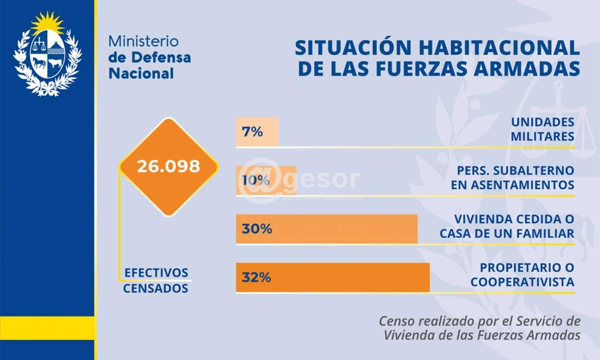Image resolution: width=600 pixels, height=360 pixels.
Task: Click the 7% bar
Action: tap(257, 132)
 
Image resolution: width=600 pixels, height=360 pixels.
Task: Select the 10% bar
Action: tap(266, 180)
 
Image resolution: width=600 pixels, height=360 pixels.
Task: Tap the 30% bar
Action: tap(327, 229)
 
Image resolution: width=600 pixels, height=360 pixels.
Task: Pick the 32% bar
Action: tap(333, 277)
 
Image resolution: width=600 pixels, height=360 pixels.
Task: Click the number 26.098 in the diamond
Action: tap(168, 167)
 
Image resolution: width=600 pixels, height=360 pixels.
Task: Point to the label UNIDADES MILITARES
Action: tap(543, 129)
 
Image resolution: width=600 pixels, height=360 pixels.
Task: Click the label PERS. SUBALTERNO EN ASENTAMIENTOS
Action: tap(516, 178)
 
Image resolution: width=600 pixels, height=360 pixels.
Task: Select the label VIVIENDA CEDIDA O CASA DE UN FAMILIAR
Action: tap(507, 226)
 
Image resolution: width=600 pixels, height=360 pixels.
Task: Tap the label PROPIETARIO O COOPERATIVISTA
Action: tap(522, 275)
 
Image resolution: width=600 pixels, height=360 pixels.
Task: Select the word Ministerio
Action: tap(143, 41)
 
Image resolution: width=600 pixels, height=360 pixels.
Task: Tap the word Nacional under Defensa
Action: tap(141, 73)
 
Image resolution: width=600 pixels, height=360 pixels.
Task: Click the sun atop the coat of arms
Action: tap(48, 22)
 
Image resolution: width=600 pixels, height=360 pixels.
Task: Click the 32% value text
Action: tap(256, 278)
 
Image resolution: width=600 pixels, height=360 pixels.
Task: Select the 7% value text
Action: tap(252, 132)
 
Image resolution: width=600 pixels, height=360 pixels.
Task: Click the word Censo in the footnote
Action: tap(396, 321)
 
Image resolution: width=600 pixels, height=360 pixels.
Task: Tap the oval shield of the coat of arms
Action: tap(48, 54)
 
